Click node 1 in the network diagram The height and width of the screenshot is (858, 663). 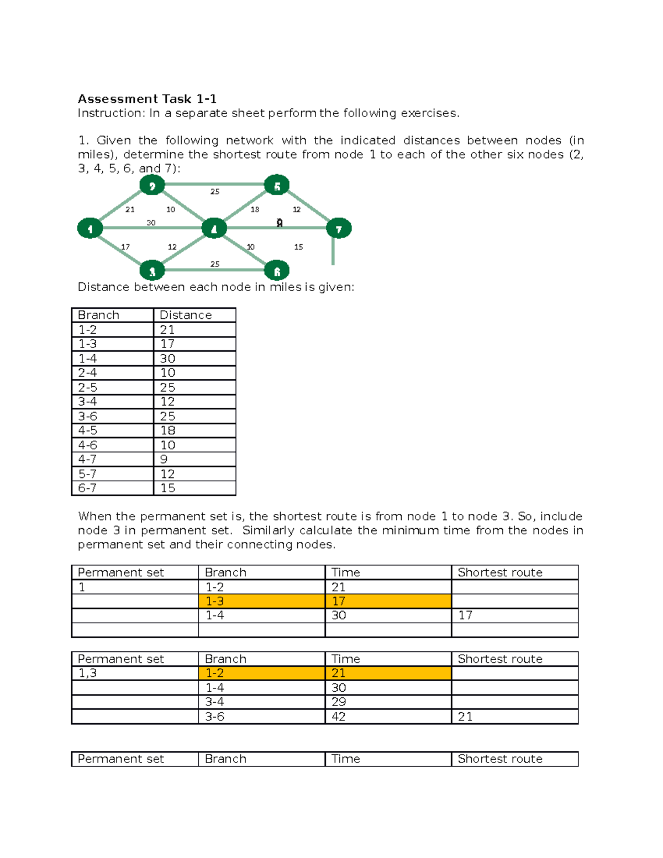point(90,228)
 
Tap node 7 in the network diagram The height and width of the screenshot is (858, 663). point(339,228)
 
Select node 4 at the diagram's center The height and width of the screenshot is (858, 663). point(214,228)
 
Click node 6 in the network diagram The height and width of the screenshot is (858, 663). point(277,271)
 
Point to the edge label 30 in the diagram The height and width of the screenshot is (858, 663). point(151,223)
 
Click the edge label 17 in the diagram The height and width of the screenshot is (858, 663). point(125,247)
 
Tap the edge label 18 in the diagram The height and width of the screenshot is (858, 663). point(255,209)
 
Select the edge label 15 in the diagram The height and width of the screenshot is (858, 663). point(298,247)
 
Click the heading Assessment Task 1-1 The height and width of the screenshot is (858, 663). point(147,99)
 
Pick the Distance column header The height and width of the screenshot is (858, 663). point(186,315)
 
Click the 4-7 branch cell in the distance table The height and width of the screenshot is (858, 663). point(87,459)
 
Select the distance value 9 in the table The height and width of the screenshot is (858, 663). point(164,459)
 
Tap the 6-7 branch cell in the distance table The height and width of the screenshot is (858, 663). point(87,488)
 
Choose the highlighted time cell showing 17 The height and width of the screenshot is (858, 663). point(339,601)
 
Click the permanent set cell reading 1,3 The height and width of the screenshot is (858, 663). point(87,673)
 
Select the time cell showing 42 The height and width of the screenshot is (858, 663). point(339,717)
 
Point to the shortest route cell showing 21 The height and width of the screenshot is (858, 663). point(465,717)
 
